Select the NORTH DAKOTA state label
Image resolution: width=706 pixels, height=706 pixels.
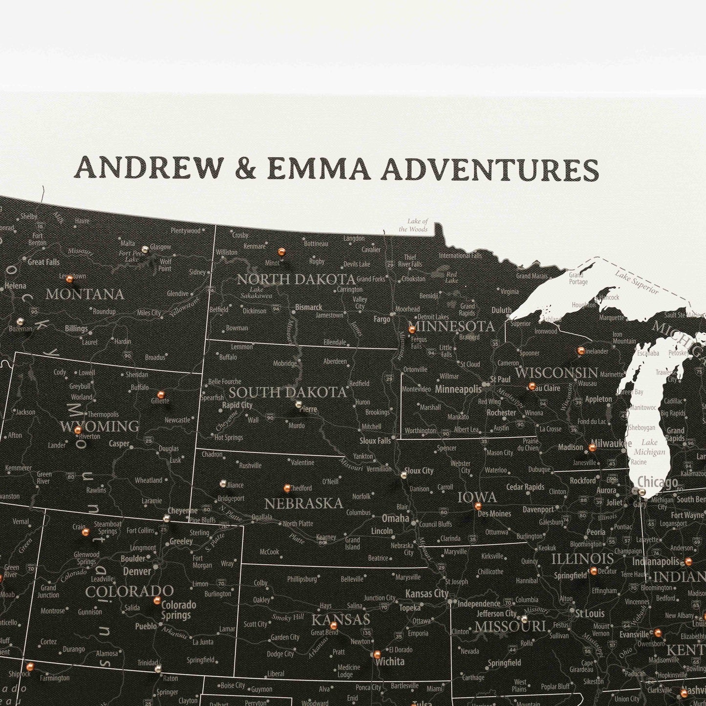click(296, 279)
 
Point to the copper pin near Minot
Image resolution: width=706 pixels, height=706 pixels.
click(281, 252)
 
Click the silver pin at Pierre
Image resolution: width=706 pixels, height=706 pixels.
click(298, 404)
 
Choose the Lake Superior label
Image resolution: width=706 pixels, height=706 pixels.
click(637, 282)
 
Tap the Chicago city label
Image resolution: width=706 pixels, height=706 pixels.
click(657, 482)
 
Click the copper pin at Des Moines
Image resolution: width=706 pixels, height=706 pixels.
click(478, 506)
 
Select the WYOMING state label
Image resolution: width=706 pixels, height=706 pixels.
click(100, 426)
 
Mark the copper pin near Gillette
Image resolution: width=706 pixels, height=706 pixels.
click(160, 394)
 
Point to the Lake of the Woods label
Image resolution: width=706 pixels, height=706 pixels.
click(413, 225)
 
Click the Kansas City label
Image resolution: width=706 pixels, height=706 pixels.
click(427, 593)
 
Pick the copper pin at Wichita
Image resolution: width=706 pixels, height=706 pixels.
click(377, 654)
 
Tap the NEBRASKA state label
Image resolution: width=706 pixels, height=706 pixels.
click(303, 503)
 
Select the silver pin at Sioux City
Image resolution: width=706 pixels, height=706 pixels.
click(404, 474)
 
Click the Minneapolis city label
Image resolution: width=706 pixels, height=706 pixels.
click(458, 389)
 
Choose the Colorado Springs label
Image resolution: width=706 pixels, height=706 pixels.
click(178, 610)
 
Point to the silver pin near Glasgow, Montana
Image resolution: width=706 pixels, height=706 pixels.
click(145, 249)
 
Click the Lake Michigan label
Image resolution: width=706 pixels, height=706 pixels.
click(650, 447)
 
